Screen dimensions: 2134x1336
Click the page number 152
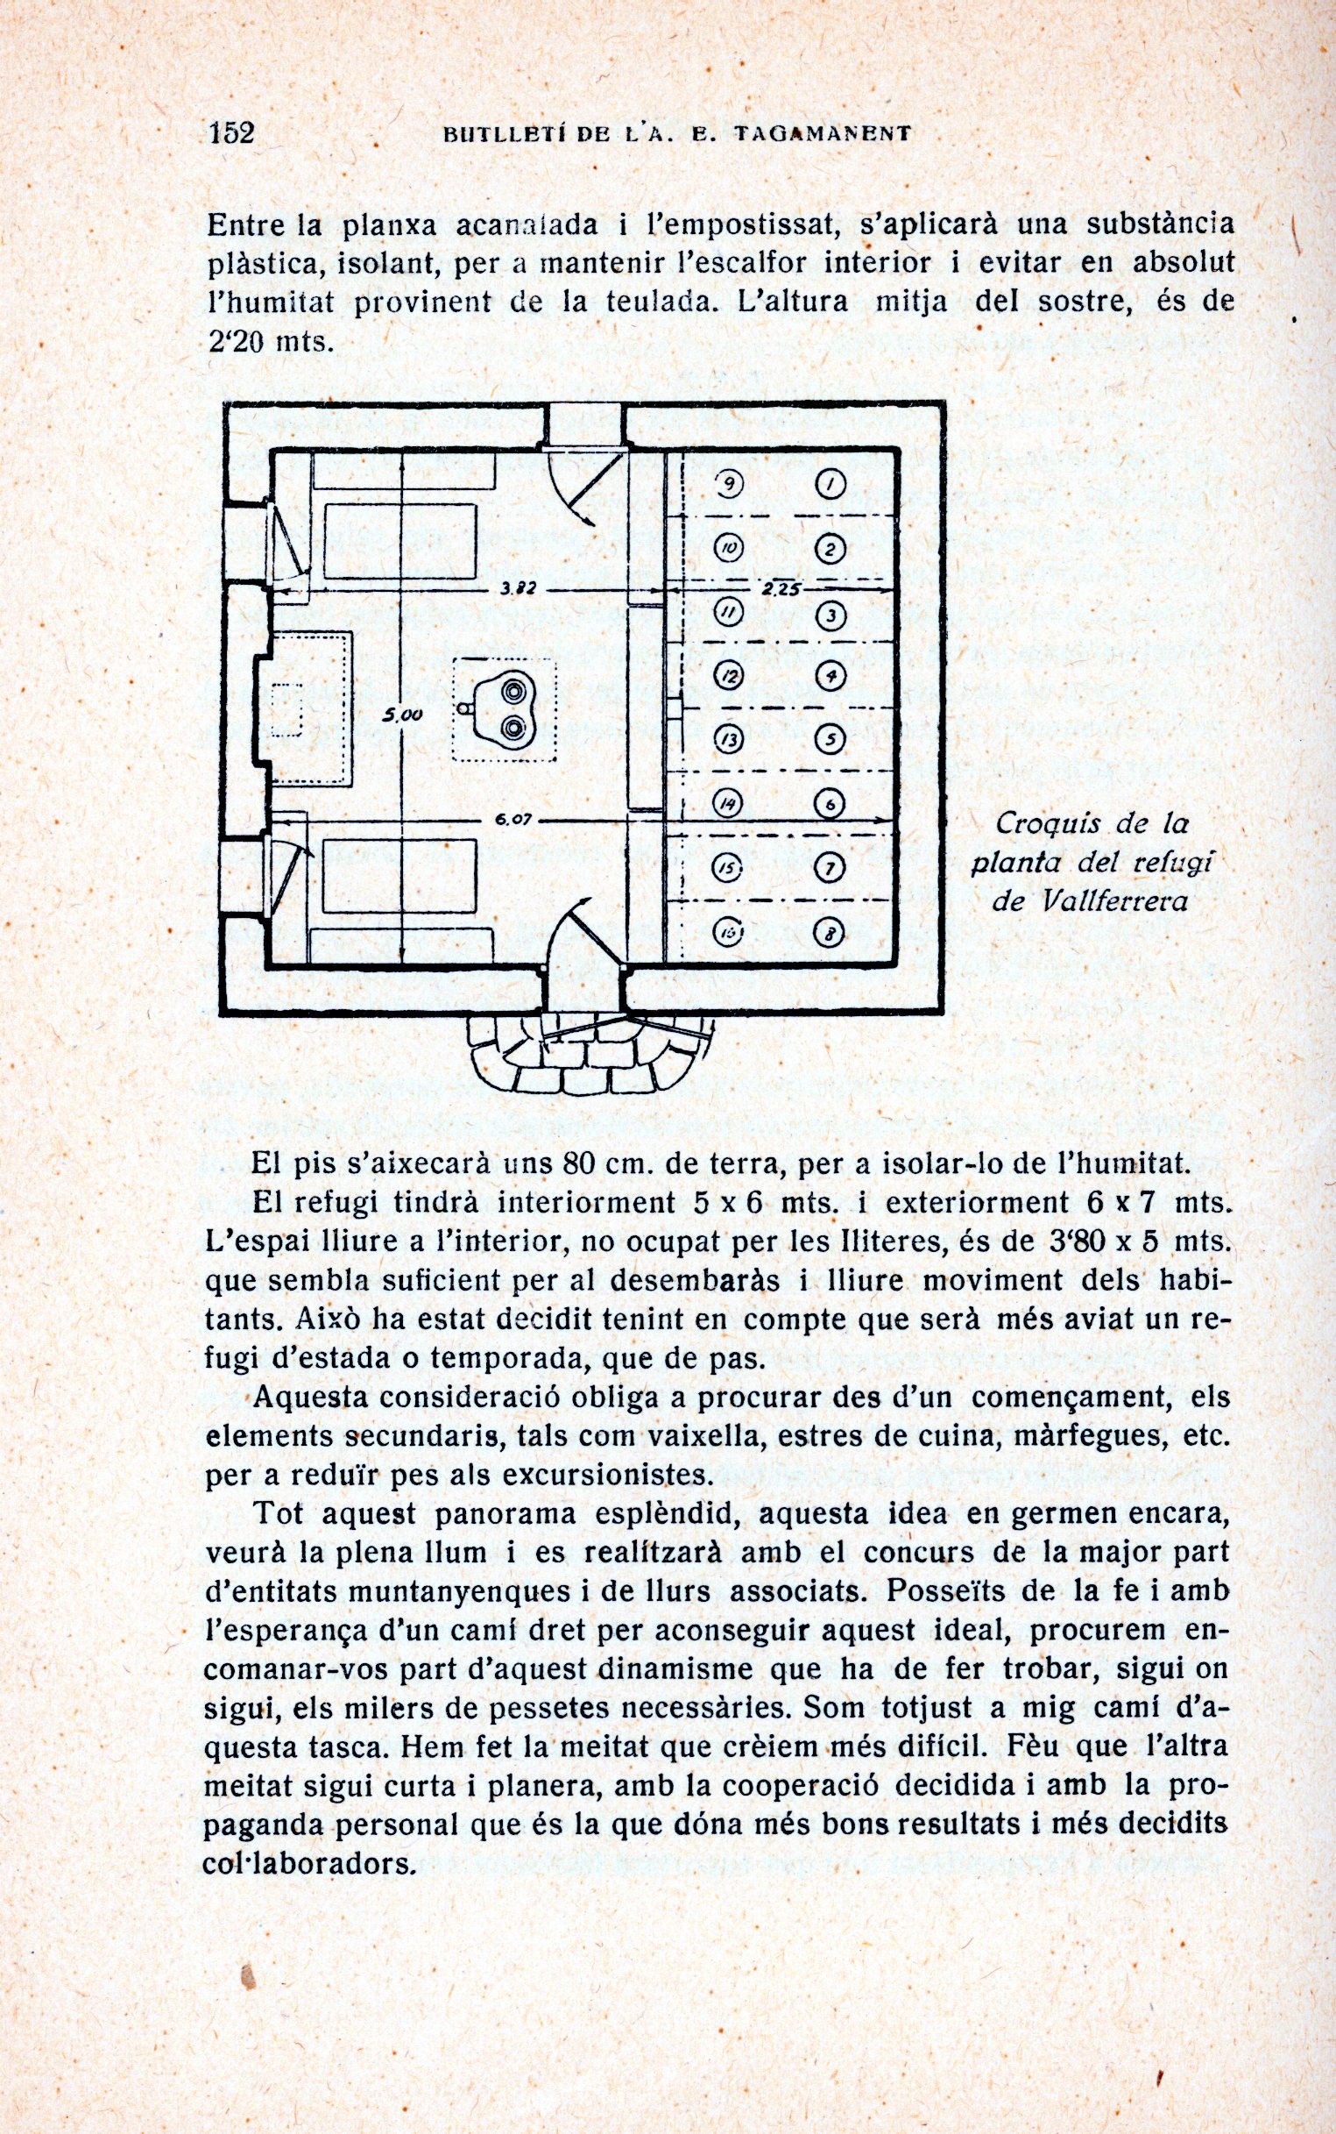tap(231, 132)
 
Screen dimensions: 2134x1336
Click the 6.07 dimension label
tap(513, 820)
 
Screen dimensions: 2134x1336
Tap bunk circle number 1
tap(831, 484)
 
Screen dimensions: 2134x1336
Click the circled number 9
tap(730, 484)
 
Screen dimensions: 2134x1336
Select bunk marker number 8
tap(830, 933)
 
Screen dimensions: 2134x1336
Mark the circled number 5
tap(830, 739)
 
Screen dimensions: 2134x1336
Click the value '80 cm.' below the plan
tap(603, 1163)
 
